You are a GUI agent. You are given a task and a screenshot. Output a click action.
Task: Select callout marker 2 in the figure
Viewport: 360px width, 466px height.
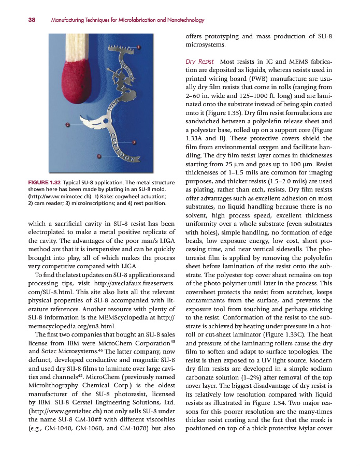click(x=68, y=124)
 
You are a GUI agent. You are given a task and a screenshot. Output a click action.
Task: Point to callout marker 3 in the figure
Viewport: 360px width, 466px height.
click(x=134, y=142)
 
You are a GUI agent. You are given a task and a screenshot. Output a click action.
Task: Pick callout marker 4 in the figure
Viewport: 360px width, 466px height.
click(x=98, y=156)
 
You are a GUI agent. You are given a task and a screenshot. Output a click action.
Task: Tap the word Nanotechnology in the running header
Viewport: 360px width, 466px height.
click(x=184, y=20)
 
